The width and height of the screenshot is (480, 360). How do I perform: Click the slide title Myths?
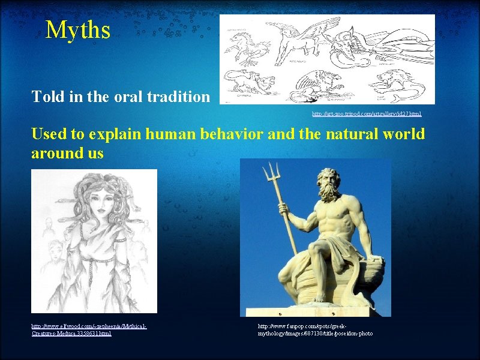pyautogui.click(x=78, y=29)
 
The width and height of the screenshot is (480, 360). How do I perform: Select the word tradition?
pyautogui.click(x=184, y=96)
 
